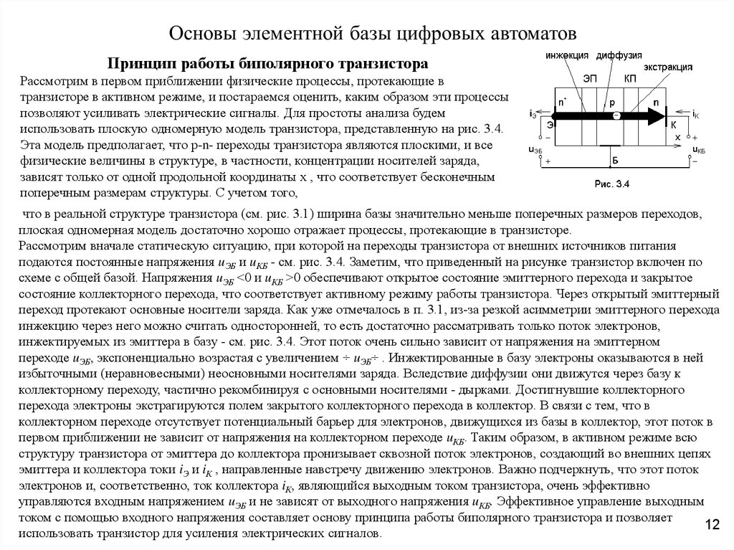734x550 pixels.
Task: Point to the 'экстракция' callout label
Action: (667, 67)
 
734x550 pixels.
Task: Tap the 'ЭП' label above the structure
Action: (590, 77)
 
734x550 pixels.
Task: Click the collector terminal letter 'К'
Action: (672, 125)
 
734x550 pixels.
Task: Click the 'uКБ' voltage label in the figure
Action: (697, 150)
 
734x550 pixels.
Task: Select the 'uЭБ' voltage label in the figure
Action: (535, 150)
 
